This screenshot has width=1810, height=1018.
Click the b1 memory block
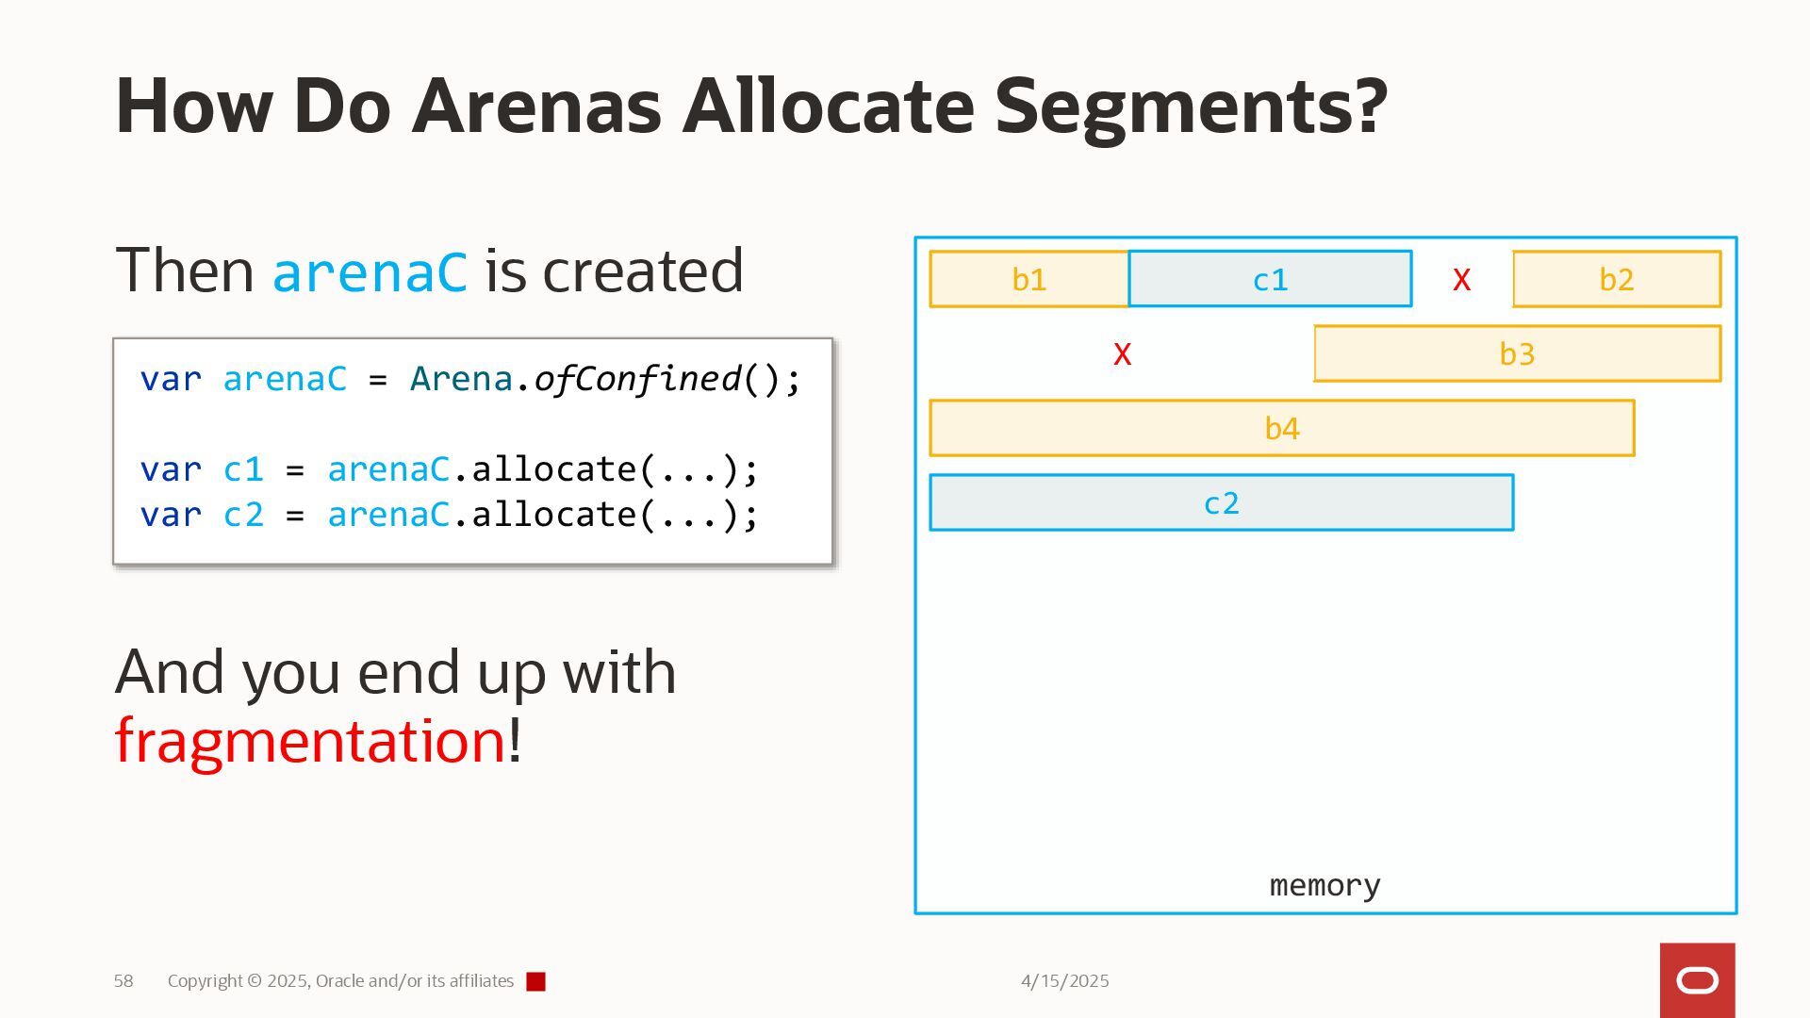1028,279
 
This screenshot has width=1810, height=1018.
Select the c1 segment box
1270,279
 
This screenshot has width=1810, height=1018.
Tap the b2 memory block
1617,279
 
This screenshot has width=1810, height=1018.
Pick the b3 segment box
1517,353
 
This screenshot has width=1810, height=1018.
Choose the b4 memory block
1282,428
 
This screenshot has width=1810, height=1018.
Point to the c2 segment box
1221,502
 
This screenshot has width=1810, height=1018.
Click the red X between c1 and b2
1461,279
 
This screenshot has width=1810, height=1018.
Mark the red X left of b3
1122,354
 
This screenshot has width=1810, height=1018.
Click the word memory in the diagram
1325,885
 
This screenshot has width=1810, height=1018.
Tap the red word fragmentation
310,741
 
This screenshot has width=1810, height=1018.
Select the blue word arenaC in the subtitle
370,271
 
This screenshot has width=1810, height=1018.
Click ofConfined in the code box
637,379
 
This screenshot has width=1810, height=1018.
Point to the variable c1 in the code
243,469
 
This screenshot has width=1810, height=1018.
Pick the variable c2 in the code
243,515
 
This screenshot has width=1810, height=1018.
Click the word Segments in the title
1191,106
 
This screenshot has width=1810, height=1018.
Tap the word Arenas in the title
536,106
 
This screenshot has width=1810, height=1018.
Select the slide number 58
123,981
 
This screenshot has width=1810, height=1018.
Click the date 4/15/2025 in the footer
1064,981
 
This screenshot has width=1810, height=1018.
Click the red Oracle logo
1697,980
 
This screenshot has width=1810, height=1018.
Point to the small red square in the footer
535,982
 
